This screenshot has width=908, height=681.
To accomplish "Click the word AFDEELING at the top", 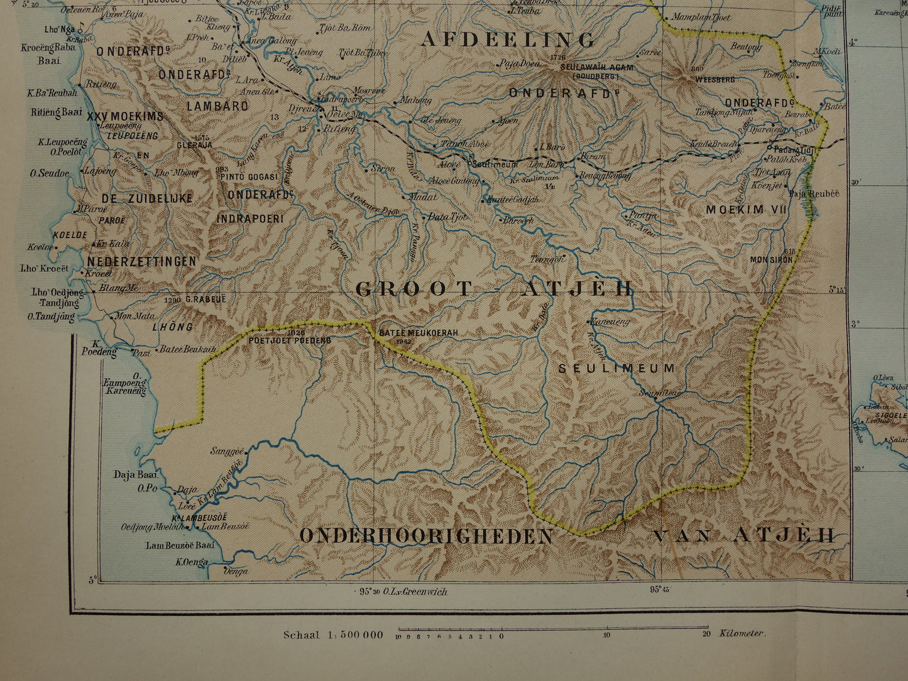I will (x=508, y=40).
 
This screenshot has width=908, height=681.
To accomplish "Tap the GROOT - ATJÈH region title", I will (x=494, y=289).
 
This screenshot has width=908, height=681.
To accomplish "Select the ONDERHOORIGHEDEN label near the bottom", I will (x=427, y=536).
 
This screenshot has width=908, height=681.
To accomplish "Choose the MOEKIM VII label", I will (x=746, y=210).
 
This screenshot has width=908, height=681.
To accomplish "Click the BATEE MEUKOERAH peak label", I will (x=418, y=333).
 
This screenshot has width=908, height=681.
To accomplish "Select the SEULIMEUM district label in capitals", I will (x=617, y=369).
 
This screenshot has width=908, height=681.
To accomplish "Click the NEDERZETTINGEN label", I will (x=141, y=261).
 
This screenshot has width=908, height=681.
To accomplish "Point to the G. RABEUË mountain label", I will (x=205, y=300).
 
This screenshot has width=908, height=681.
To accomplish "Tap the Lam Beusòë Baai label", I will (x=180, y=545).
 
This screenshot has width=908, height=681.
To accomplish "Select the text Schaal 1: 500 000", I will (x=332, y=635).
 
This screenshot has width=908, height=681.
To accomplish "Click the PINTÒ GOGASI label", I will (x=249, y=177).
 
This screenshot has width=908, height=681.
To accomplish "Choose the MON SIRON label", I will (x=770, y=259).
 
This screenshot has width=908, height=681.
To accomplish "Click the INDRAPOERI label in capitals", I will (x=250, y=219).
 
